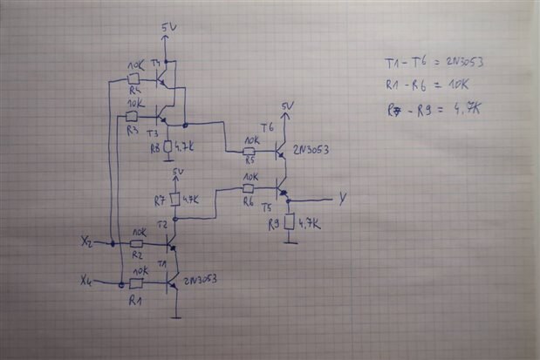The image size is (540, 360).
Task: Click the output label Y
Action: click(342, 199)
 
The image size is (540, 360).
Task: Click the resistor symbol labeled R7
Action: click(174, 200)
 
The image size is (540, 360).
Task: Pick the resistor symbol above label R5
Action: click(249, 151)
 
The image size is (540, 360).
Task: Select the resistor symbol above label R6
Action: click(249, 187)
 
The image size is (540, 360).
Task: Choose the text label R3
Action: click(132, 129)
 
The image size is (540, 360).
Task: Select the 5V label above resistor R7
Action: click(179, 171)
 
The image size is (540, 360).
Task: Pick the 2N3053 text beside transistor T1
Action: click(199, 280)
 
